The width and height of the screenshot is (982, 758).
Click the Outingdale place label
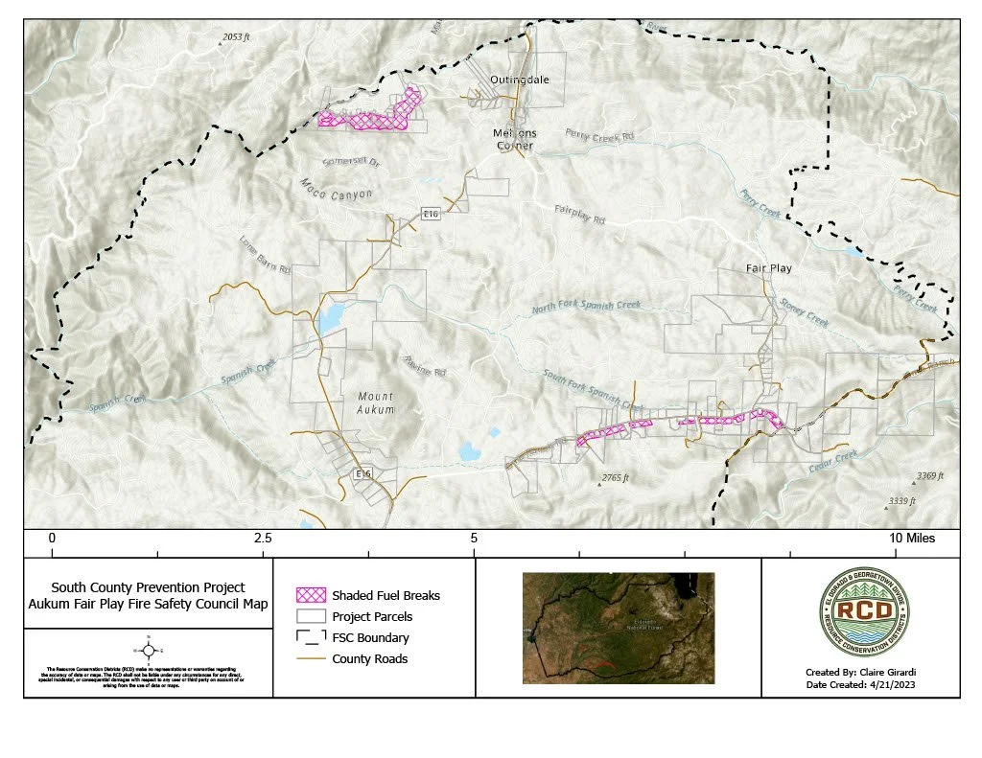520,80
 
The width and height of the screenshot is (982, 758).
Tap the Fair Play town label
769,268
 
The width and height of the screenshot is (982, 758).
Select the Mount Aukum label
376,402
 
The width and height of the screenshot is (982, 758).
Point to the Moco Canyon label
336,188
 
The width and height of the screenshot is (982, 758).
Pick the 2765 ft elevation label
614,477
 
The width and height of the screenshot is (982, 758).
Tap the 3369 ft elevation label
929,475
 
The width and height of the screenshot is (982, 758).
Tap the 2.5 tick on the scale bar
262,540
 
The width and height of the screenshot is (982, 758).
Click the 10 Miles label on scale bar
918,540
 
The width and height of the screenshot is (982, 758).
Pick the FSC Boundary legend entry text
370,638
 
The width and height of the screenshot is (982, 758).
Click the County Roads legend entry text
370,659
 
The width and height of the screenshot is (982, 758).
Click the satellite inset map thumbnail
619,628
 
